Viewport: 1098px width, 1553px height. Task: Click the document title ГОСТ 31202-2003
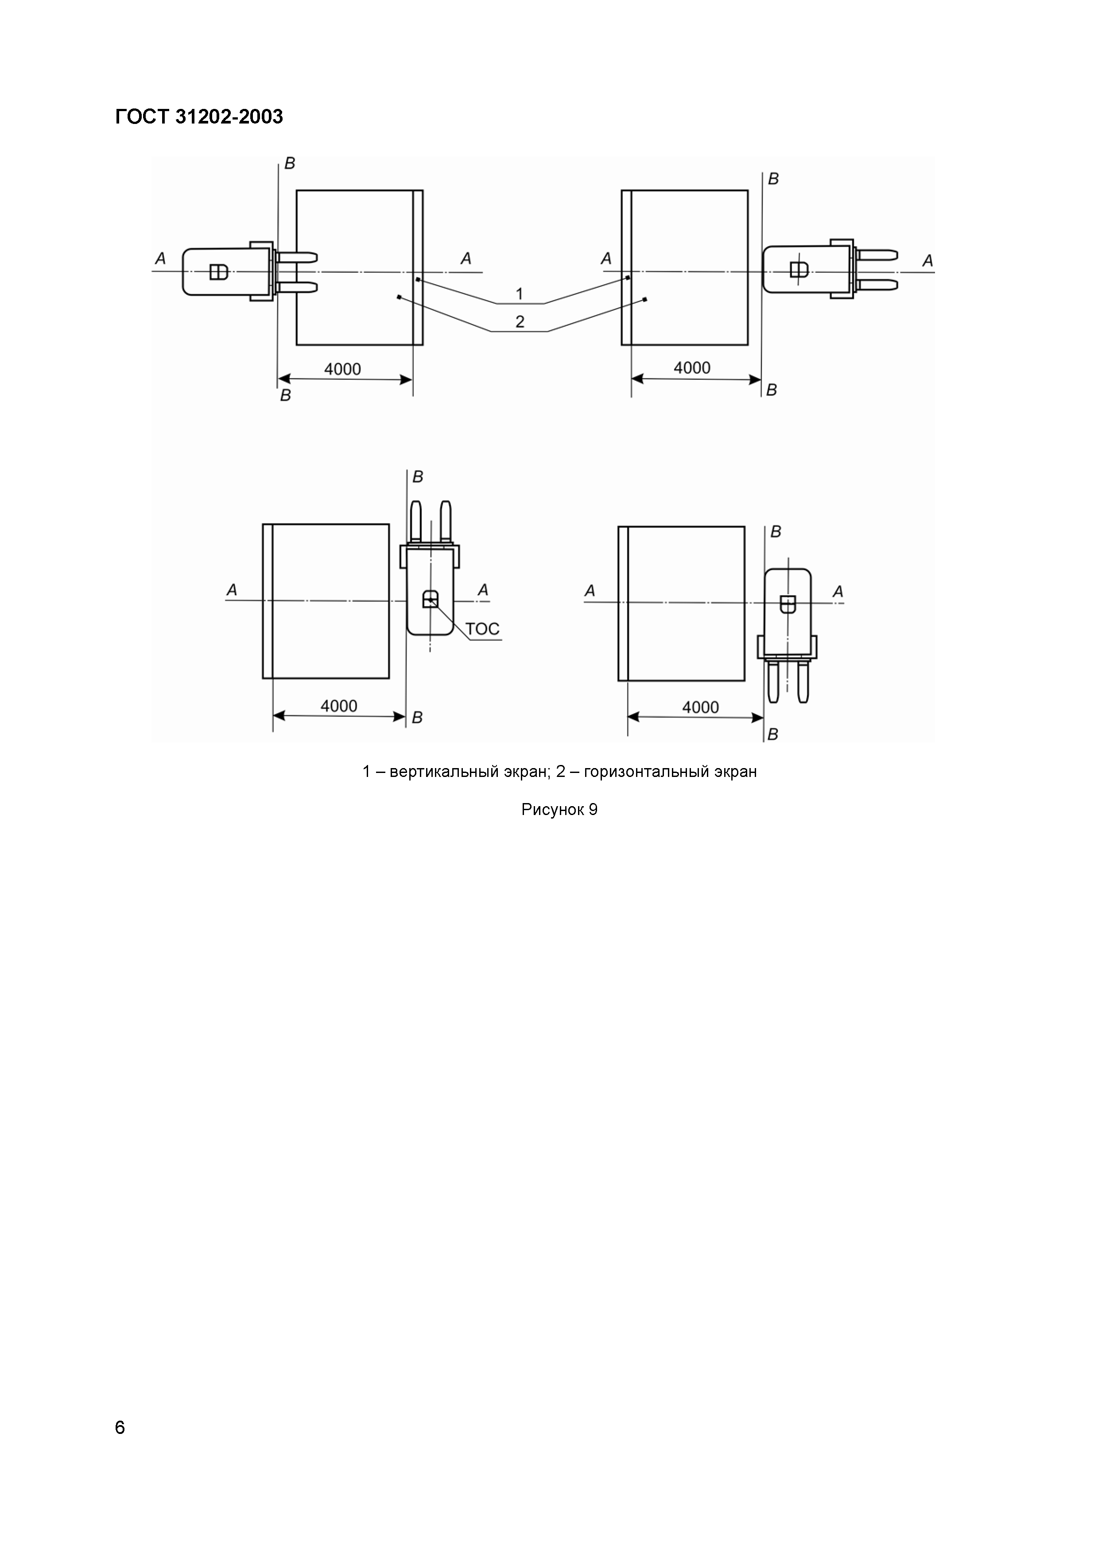[x=199, y=117]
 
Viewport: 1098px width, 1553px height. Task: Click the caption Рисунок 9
[x=559, y=810]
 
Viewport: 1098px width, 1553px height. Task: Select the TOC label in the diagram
[x=482, y=629]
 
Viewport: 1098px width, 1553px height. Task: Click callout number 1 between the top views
[x=520, y=294]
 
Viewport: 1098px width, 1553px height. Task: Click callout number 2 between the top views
[x=520, y=321]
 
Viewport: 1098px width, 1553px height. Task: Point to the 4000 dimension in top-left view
[x=342, y=369]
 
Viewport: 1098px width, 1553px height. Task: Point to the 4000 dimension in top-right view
[x=692, y=368]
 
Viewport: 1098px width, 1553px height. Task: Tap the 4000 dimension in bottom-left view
[x=339, y=706]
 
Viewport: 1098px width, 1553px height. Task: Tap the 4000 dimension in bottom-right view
[x=700, y=707]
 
